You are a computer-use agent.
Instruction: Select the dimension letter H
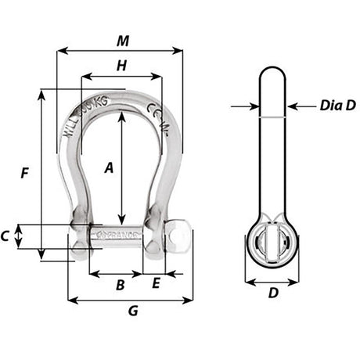(x=121, y=67)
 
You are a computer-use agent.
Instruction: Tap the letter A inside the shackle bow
(x=109, y=167)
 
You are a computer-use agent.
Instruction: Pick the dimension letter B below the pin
(x=120, y=285)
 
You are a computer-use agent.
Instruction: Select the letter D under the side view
(x=272, y=293)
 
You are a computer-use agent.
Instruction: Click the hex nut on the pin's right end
(x=178, y=234)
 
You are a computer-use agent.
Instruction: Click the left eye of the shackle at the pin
(x=81, y=234)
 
